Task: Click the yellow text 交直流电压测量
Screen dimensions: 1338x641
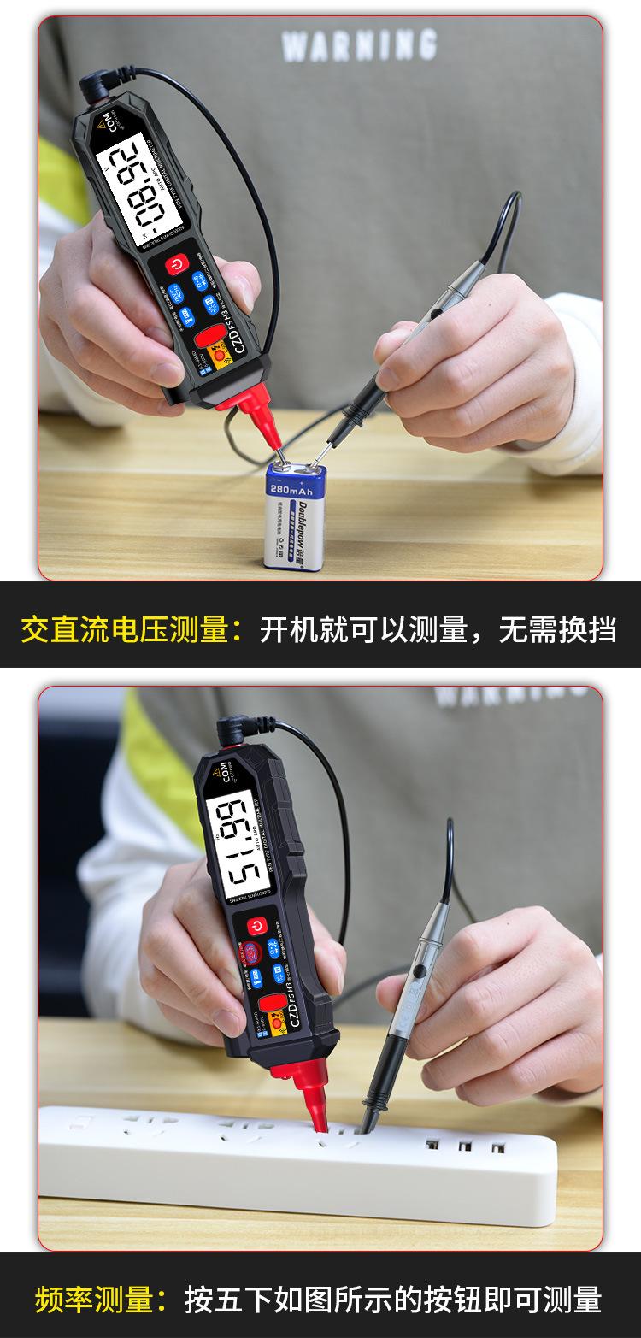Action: tap(125, 630)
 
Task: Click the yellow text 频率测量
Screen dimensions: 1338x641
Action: tap(92, 1300)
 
